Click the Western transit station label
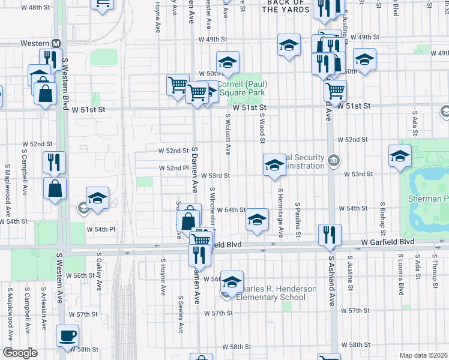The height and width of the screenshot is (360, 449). click(35, 44)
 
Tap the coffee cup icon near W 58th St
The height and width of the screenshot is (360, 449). click(67, 335)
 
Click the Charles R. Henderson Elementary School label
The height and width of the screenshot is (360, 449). click(276, 293)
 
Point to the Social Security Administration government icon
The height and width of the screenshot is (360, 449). click(334, 160)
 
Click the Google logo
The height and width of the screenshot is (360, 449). click(20, 353)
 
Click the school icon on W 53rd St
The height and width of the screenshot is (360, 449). click(274, 164)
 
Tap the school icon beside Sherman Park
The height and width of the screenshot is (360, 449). click(400, 155)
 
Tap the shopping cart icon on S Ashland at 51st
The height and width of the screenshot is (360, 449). click(335, 91)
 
